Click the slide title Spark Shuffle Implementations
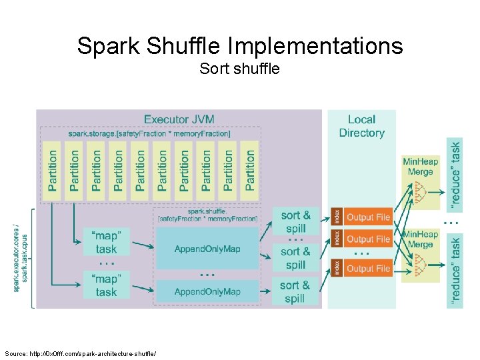[x=240, y=46]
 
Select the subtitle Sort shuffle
[x=239, y=68]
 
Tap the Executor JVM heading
[x=179, y=119]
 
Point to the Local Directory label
[x=361, y=126]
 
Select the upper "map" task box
[x=106, y=242]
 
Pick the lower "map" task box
[x=106, y=285]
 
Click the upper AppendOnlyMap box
[x=207, y=249]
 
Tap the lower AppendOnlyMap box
[x=207, y=291]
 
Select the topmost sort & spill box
[x=295, y=221]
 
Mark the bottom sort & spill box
[x=295, y=291]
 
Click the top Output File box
[x=368, y=217]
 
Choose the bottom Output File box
[x=368, y=268]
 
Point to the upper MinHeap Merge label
[x=420, y=166]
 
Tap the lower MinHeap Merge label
[x=420, y=239]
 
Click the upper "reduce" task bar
[x=455, y=166]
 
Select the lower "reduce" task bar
[x=455, y=270]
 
